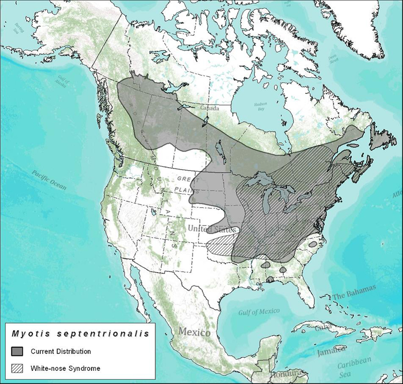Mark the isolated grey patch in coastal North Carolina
point(313,244)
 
